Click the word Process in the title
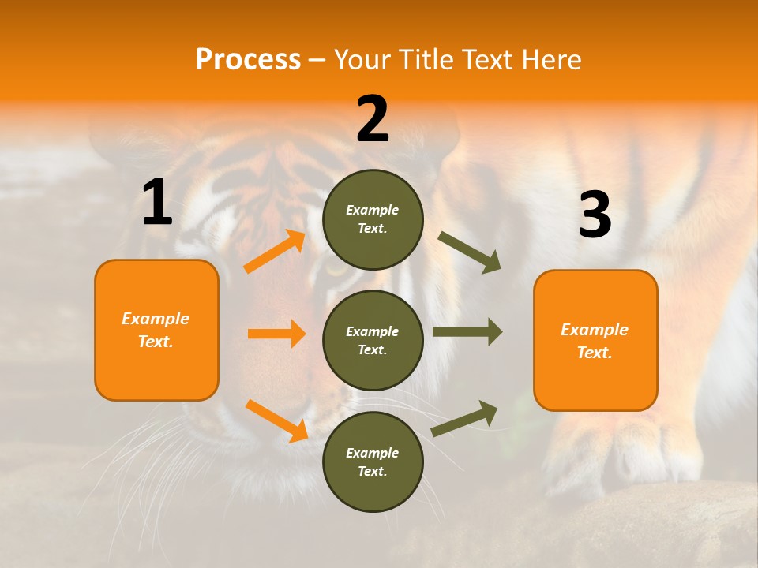coord(248,60)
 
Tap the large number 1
coord(157,203)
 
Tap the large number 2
coord(373,119)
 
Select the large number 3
coord(595,215)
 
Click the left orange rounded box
coord(156,330)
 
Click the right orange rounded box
coord(595,340)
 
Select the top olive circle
coord(373,219)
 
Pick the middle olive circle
coord(373,340)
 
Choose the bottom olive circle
coord(373,461)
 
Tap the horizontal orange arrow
coord(276,334)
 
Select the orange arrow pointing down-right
coord(276,420)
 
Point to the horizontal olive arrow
coord(467,332)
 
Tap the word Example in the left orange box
coord(156,319)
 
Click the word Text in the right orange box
coord(594,353)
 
